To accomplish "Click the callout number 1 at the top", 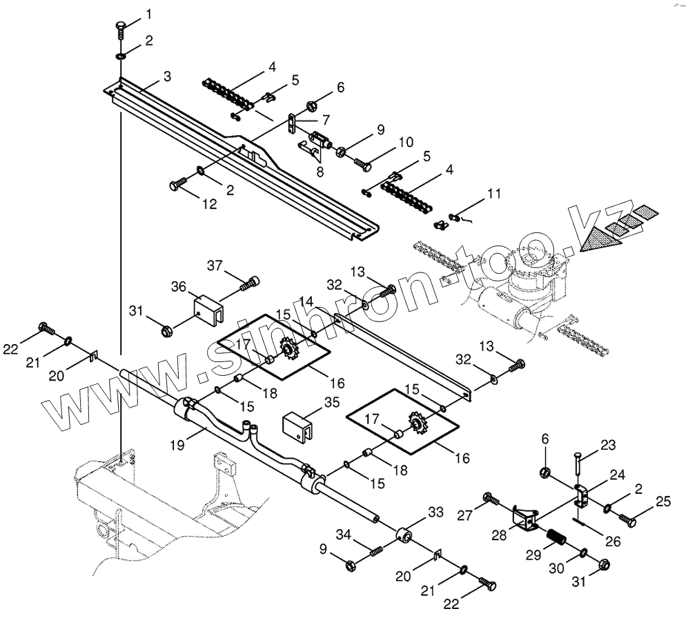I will coord(148,14).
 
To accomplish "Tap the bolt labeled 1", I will coord(120,31).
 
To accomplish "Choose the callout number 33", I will coord(435,512).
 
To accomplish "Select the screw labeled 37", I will coord(248,283).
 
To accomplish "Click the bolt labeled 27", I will coord(491,497).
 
